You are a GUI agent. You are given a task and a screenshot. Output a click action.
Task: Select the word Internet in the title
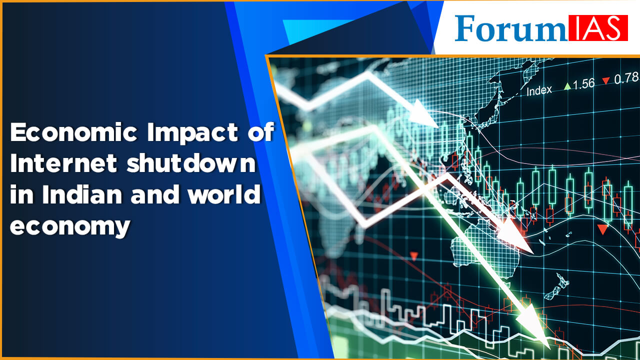(63, 163)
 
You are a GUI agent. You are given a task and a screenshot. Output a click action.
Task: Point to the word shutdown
(190, 163)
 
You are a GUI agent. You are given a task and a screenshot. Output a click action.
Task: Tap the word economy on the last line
(70, 226)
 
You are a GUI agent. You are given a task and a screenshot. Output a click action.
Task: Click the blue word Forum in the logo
(511, 28)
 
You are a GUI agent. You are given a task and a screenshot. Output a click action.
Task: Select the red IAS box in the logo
(597, 28)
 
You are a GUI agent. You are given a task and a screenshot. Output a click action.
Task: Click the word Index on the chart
(539, 90)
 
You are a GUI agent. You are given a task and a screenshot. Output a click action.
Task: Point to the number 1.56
(583, 83)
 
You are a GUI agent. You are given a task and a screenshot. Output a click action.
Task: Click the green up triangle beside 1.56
(567, 86)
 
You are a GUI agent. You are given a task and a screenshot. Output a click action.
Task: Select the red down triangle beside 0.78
(605, 80)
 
